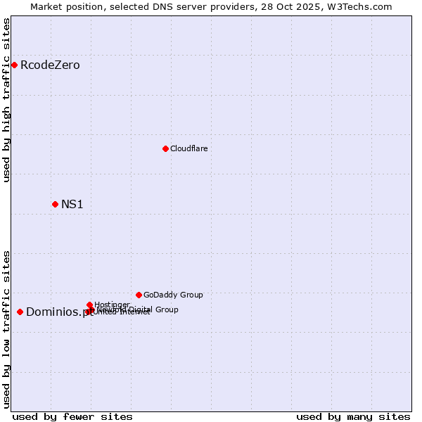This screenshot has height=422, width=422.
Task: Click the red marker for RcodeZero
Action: pos(14,65)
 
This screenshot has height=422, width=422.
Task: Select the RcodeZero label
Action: pos(50,65)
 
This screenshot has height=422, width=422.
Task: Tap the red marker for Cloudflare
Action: pos(165,148)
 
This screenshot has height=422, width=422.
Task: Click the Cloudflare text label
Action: pos(188,148)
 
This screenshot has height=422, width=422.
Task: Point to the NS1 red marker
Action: pos(55,204)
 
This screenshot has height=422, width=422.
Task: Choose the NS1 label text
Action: pos(72,205)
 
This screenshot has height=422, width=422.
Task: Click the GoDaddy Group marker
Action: pos(139,295)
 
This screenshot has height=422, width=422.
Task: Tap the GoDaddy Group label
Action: pos(173,295)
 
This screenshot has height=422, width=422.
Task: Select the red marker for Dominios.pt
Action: pos(20,312)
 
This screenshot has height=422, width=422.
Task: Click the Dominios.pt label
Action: pos(59,312)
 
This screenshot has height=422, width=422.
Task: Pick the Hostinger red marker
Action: pos(89,305)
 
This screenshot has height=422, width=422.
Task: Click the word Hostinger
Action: pos(112,305)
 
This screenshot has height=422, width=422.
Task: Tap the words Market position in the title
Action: pos(63,6)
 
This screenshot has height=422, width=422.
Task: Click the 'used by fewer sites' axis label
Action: pos(72,416)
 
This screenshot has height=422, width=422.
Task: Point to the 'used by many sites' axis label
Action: pos(353,416)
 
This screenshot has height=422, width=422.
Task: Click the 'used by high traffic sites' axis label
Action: pos(6,100)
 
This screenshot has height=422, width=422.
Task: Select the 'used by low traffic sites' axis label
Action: pos(6,329)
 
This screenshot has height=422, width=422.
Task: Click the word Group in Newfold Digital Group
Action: pos(167,309)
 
